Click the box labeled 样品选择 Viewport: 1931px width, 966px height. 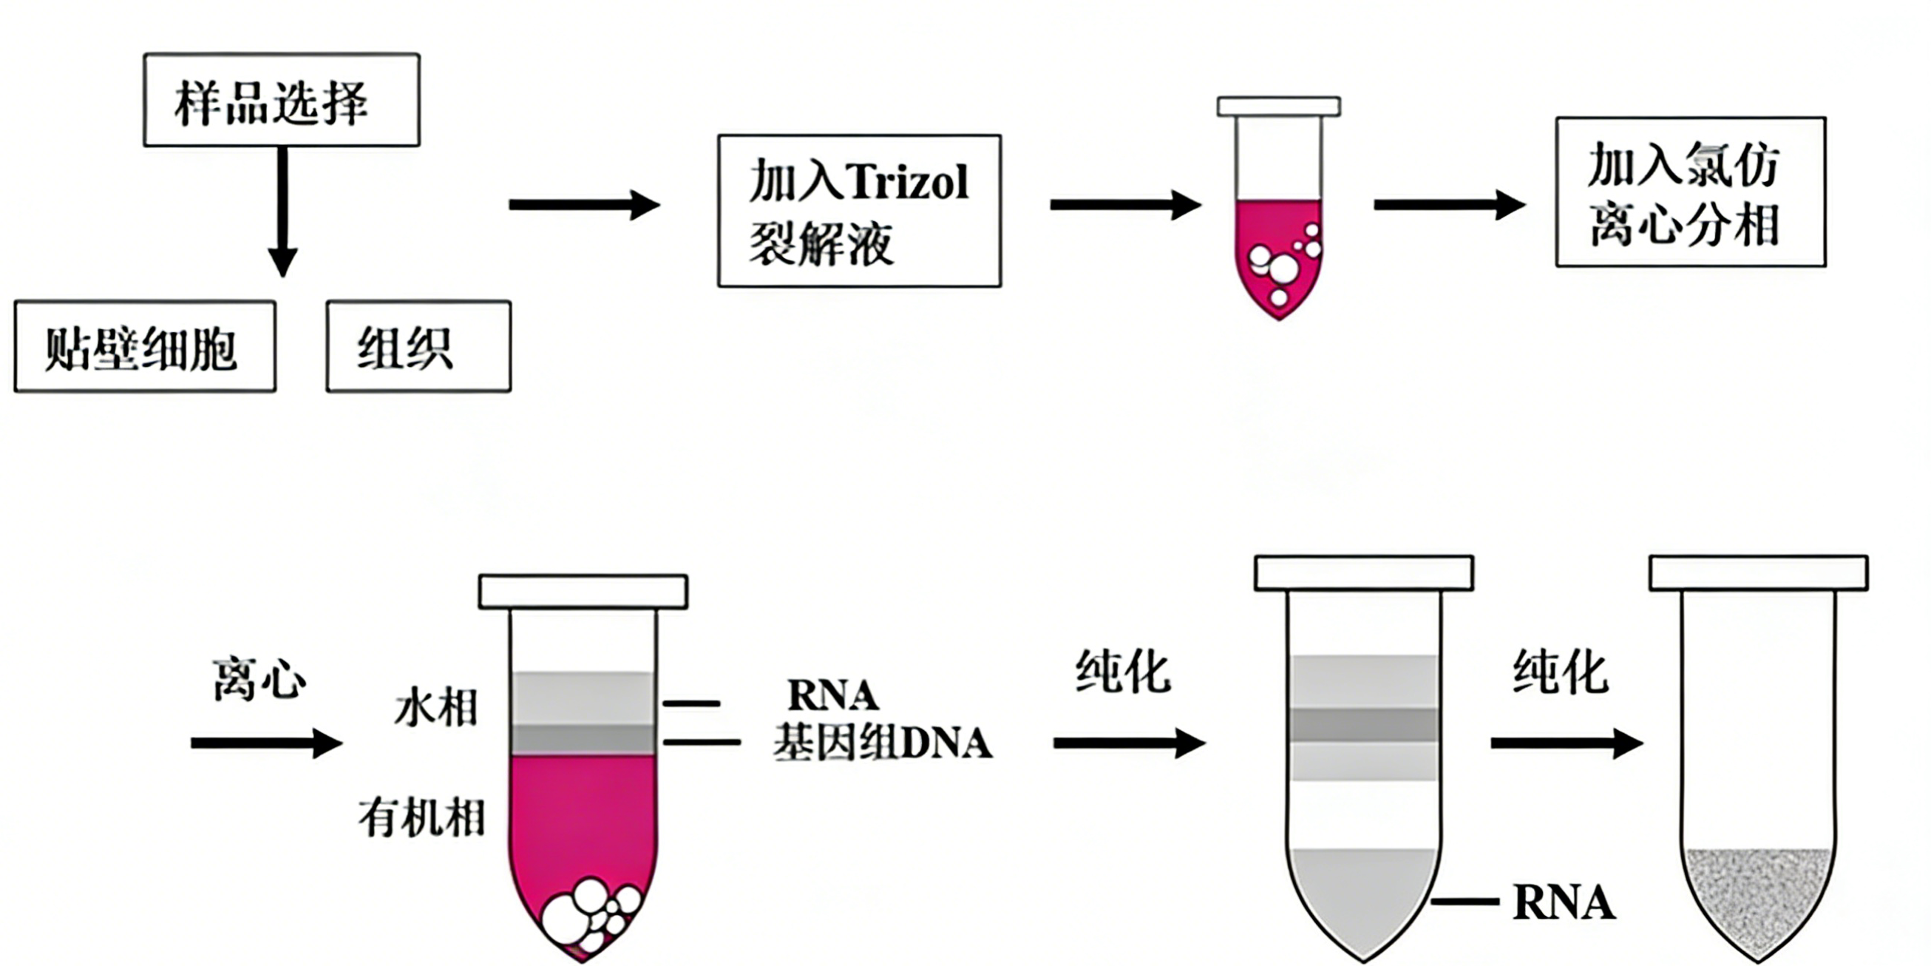281,100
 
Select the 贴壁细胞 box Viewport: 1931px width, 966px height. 145,346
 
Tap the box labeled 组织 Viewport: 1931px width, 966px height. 418,346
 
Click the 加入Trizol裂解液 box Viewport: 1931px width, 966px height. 859,211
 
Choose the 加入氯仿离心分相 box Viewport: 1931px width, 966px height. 1691,192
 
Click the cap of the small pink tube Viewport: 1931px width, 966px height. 1279,107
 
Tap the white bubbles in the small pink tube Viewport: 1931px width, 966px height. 1282,266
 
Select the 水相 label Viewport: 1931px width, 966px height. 436,707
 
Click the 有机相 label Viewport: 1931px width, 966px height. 421,817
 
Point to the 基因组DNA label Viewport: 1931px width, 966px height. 882,743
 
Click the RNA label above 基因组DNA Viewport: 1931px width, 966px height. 833,695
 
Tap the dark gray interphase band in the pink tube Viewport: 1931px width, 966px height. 583,740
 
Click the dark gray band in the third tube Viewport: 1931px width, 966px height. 1363,725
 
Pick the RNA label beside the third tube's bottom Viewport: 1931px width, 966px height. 1563,902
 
